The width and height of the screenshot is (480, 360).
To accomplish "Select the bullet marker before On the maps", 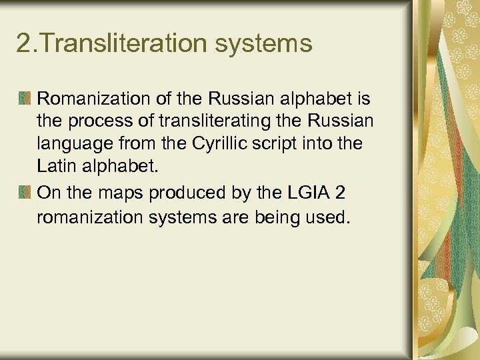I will (24, 193).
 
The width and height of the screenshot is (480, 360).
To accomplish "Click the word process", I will (94, 123).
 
